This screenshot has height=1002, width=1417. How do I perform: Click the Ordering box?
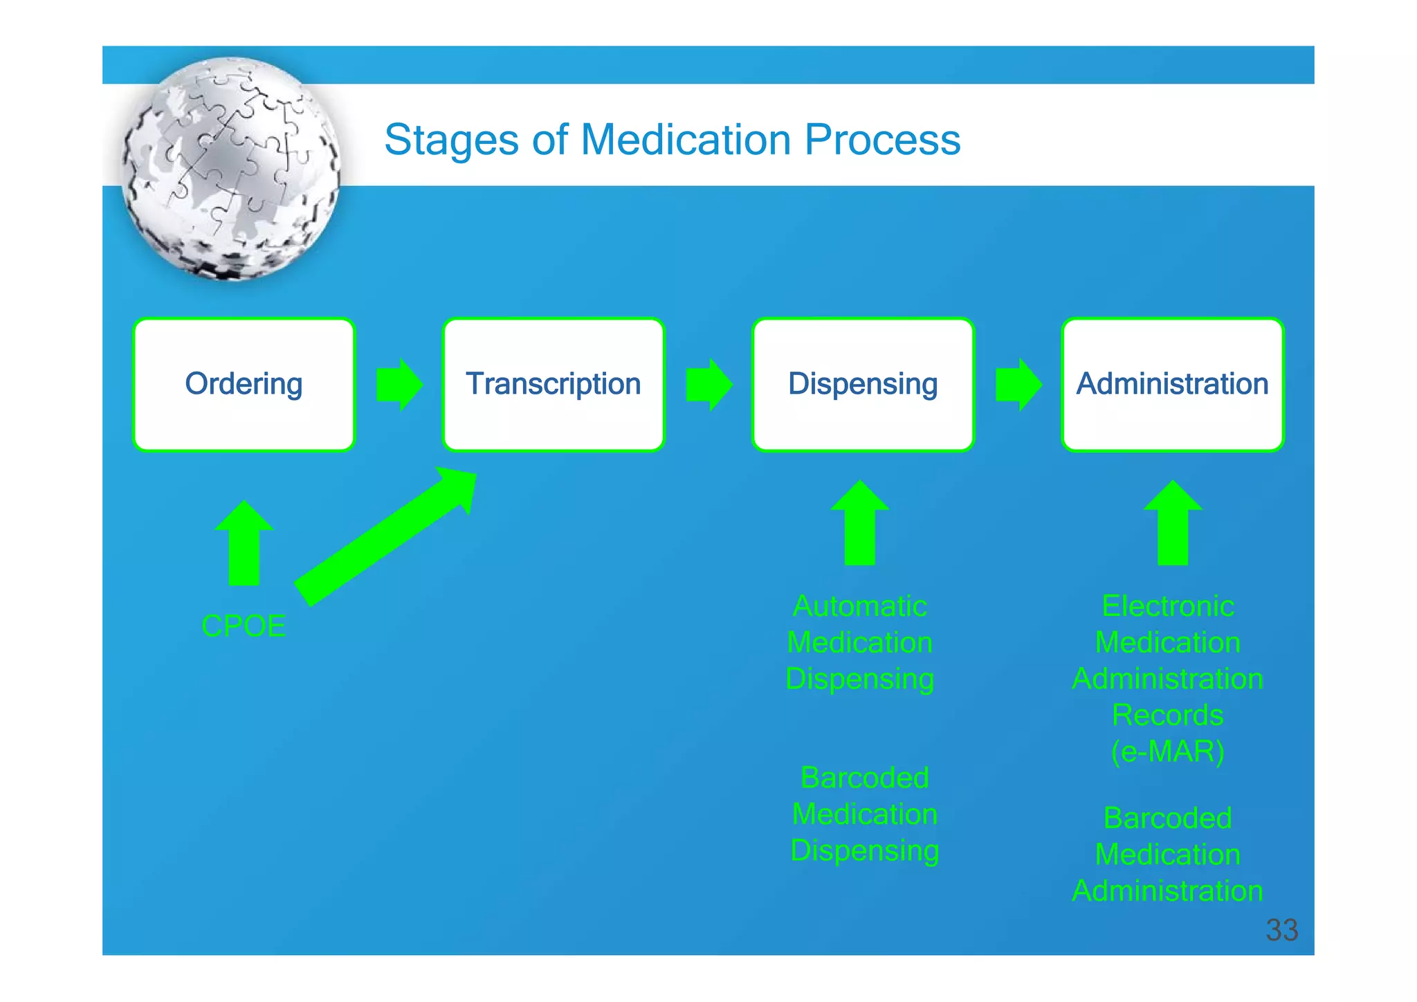[244, 385]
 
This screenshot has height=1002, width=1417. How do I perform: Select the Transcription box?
[553, 385]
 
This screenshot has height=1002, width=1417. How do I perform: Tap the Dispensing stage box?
[863, 385]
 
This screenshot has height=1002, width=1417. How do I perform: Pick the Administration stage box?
[1172, 385]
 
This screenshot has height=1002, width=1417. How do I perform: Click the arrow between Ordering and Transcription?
[399, 385]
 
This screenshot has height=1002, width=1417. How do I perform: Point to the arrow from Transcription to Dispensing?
[708, 385]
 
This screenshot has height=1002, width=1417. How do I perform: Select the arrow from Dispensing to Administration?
[1018, 385]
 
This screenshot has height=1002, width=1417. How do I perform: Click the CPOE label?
[244, 626]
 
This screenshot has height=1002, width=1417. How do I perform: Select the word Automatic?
[860, 606]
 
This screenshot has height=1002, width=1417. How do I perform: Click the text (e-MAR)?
[1167, 751]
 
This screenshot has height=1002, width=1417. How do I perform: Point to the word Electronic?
[1167, 606]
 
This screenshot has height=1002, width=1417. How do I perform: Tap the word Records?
[1167, 716]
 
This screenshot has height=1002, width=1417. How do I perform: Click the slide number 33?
[1281, 930]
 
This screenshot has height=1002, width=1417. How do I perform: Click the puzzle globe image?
[231, 169]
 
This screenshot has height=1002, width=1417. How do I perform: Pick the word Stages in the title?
[451, 140]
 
